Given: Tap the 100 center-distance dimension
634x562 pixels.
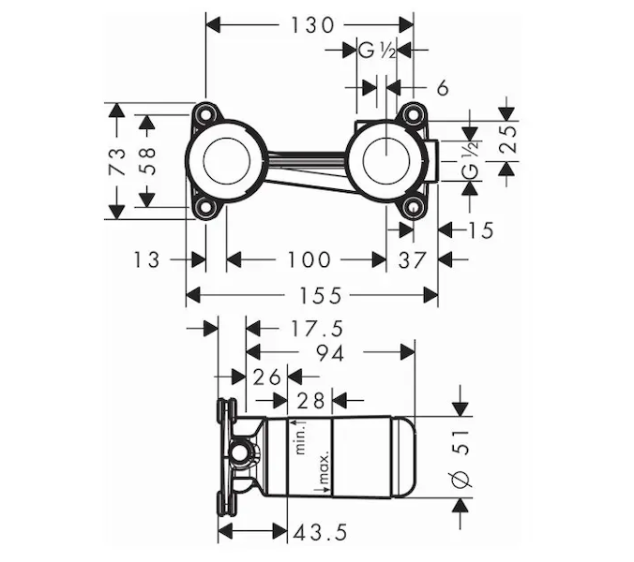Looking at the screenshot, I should point(308,259).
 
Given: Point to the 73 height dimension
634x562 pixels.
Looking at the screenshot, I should point(117,162).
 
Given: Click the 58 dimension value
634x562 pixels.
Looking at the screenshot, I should point(147,161).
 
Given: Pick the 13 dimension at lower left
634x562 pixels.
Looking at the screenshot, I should point(146,259).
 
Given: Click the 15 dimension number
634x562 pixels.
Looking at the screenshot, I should point(479,229).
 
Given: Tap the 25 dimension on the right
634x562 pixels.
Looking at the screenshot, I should point(506,141).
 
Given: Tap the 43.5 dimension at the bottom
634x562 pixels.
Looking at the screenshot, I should point(321,531).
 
